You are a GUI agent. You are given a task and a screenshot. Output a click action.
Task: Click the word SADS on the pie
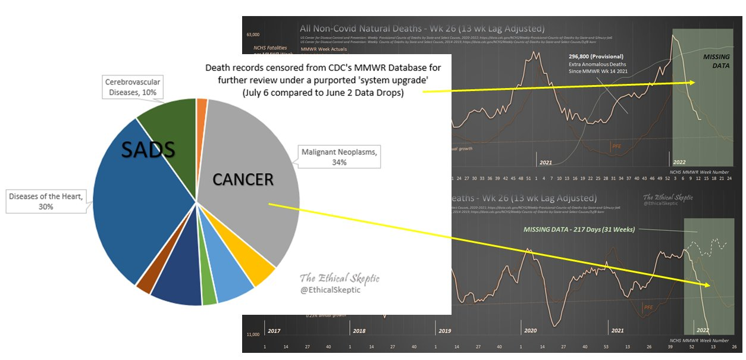coord(148,151)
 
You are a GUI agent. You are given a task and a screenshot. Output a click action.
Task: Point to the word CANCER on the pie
coord(243,179)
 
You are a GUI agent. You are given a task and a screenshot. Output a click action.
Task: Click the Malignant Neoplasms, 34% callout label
coord(337,158)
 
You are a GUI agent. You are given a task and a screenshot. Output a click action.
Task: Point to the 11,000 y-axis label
coord(252,335)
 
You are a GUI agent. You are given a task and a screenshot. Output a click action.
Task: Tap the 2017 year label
coord(274,330)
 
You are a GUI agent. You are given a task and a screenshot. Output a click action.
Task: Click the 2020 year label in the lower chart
coord(530,330)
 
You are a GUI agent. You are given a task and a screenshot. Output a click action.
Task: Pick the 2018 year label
coord(359,330)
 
